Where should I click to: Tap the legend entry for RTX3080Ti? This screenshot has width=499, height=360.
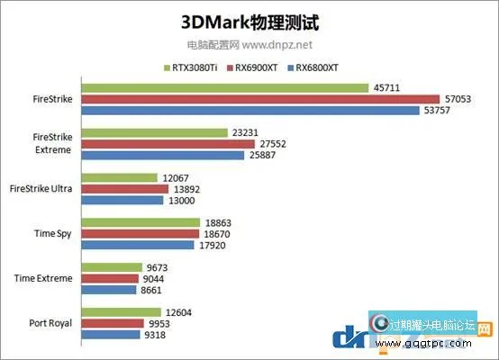pyautogui.click(x=193, y=67)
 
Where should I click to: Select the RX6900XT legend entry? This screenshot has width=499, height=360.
pyautogui.click(x=261, y=67)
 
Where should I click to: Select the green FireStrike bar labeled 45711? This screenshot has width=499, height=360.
pyautogui.click(x=225, y=87)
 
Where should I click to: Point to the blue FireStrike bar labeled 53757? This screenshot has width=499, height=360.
pyautogui.click(x=249, y=111)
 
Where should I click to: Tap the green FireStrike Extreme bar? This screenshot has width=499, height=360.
pyautogui.click(x=154, y=132)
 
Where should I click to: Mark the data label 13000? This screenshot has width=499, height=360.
pyautogui.click(x=181, y=201)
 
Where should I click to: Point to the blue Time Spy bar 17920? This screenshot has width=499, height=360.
pyautogui.click(x=138, y=244)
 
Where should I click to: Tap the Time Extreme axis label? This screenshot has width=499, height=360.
pyautogui.click(x=43, y=278)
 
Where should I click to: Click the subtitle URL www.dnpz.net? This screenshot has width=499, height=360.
pyautogui.click(x=277, y=43)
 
